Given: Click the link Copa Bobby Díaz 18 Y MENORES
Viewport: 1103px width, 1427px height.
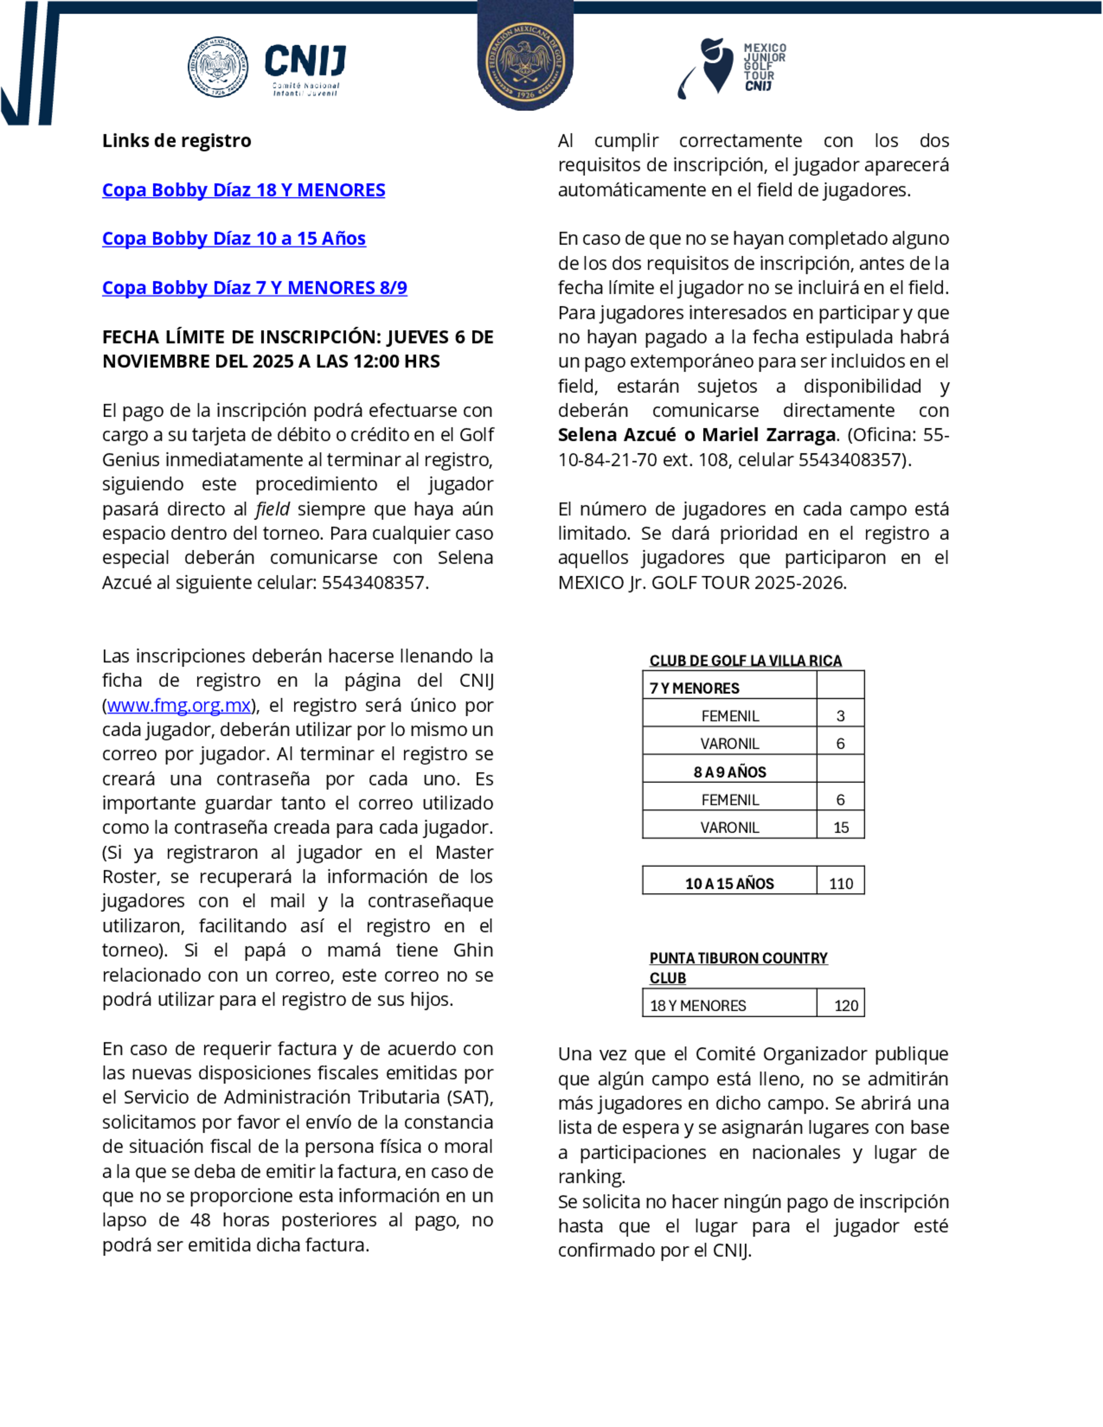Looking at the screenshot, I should coord(243,190).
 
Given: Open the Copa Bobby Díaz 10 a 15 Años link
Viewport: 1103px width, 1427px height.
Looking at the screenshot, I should coord(233,239).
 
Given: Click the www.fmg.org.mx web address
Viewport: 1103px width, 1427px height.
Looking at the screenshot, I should coord(179,706).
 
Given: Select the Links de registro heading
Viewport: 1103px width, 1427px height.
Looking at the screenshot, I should coord(176,141).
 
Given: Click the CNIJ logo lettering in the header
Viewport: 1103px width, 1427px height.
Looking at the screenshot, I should coord(305,62).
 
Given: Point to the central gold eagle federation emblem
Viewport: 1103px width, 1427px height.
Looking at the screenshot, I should coord(526,63).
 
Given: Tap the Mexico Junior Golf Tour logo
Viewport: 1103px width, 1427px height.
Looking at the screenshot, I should coord(732,68).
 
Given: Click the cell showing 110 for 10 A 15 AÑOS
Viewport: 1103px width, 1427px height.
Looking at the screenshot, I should coord(840,883).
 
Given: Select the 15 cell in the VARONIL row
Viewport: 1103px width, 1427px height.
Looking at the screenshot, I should coord(840,827).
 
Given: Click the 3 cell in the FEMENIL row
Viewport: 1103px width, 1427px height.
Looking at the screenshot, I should coord(840,716).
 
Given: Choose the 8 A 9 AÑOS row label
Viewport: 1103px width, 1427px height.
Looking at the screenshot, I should coord(729,771).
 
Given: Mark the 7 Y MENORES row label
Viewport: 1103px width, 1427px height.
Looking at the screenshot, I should coord(694,688).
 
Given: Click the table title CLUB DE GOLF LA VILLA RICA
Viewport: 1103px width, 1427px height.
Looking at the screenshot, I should coord(745,661).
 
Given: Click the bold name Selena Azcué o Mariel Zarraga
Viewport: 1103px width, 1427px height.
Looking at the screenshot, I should coord(697,435).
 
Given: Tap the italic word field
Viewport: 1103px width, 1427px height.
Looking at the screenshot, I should coord(272,509).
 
